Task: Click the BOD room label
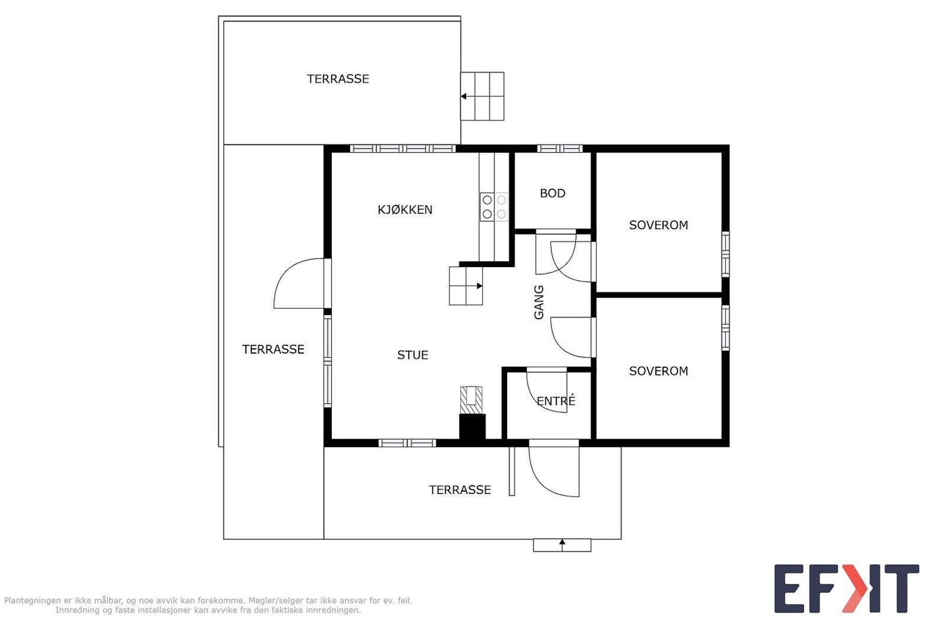click(x=552, y=193)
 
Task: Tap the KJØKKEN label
click(x=405, y=210)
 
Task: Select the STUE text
click(x=412, y=355)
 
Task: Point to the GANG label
click(x=539, y=302)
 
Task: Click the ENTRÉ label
click(x=556, y=400)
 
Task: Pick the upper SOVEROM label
click(x=658, y=225)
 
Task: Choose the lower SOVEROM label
click(x=658, y=371)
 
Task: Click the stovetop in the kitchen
click(x=494, y=207)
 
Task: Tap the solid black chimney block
click(x=472, y=428)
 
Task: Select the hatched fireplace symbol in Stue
click(x=471, y=400)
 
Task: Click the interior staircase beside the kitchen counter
click(x=466, y=285)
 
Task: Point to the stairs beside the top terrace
click(x=482, y=97)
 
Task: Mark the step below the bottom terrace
click(x=562, y=546)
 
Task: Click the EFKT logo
click(x=847, y=588)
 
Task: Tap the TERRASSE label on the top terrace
click(x=338, y=79)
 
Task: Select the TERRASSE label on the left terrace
click(x=273, y=349)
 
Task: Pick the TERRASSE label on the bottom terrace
click(x=460, y=490)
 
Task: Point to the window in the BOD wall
click(x=559, y=149)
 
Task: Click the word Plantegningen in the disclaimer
click(x=33, y=601)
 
